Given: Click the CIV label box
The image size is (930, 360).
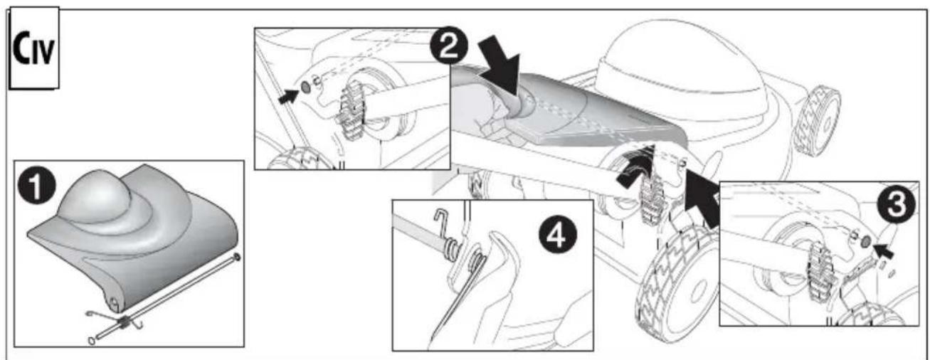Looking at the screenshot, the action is [34, 48].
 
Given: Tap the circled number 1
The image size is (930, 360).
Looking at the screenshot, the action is [36, 188].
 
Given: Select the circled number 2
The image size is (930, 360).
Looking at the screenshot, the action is [448, 46].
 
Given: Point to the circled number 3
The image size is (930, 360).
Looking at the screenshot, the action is [897, 205].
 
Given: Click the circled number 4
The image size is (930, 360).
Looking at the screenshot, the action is [558, 235].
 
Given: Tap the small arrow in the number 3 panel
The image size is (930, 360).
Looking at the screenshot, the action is [884, 251].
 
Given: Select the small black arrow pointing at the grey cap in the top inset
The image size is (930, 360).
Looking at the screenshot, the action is [288, 96].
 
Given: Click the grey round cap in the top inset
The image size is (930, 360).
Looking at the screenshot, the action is [305, 87].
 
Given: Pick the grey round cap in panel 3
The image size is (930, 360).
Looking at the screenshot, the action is [866, 241].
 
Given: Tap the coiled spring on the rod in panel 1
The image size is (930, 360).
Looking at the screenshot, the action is [124, 322].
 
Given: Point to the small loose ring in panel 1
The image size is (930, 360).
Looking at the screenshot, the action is [91, 341].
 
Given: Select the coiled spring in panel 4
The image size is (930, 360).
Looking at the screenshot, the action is [453, 250].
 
